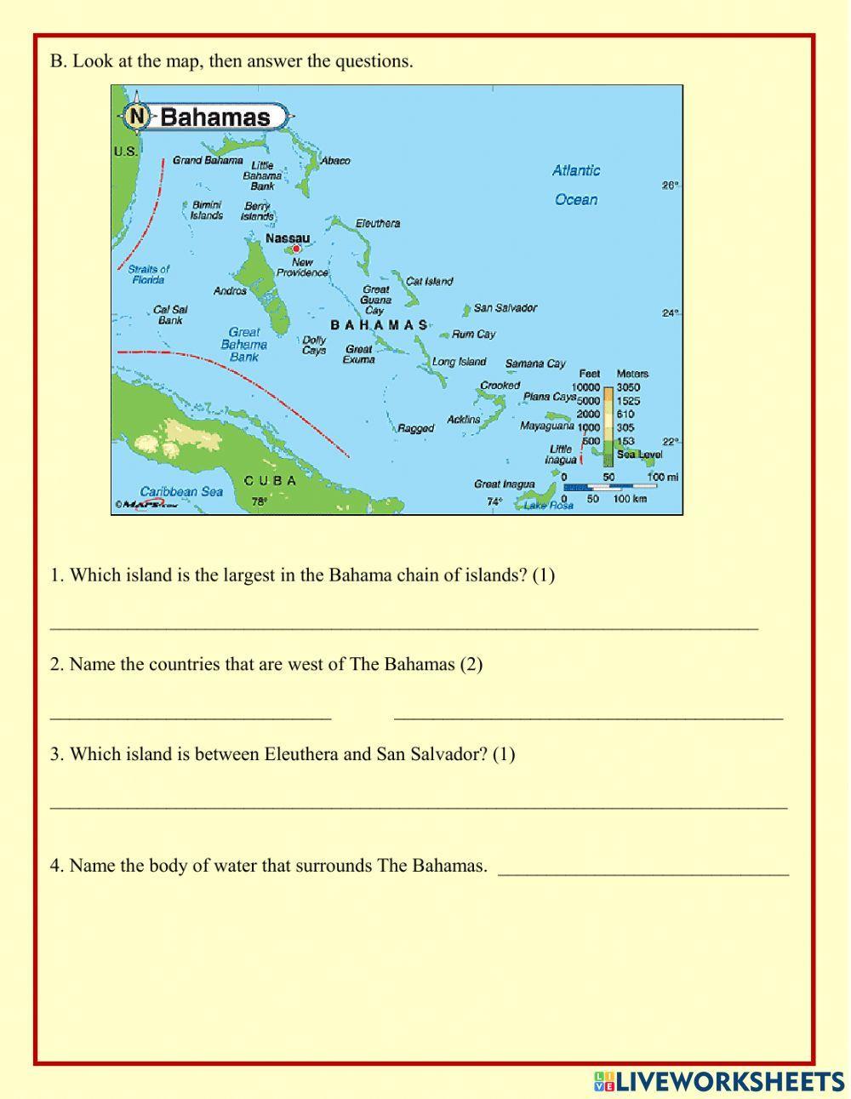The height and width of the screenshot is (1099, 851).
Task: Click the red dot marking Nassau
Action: pyautogui.click(x=296, y=249)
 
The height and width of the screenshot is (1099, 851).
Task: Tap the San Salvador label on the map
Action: pyautogui.click(x=505, y=308)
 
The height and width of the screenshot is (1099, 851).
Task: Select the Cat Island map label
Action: pyautogui.click(x=430, y=282)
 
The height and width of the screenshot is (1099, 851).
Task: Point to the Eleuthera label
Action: pyautogui.click(x=378, y=224)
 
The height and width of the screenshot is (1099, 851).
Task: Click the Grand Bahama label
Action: pyautogui.click(x=208, y=160)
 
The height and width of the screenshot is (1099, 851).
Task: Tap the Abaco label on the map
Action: pyautogui.click(x=335, y=161)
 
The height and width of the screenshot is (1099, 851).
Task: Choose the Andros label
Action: pyautogui.click(x=230, y=291)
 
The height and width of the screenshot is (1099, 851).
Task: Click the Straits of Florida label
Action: pyautogui.click(x=149, y=274)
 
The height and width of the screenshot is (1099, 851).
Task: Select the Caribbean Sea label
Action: pyautogui.click(x=181, y=491)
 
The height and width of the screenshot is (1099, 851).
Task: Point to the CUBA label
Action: pyautogui.click(x=271, y=481)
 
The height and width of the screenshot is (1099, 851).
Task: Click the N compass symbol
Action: pyautogui.click(x=136, y=116)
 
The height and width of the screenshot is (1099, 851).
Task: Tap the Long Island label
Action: pyautogui.click(x=459, y=362)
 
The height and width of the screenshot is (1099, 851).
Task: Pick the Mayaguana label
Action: pyautogui.click(x=547, y=426)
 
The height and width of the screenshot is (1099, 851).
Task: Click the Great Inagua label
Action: pyautogui.click(x=505, y=484)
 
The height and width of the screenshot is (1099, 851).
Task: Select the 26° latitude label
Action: pyautogui.click(x=671, y=186)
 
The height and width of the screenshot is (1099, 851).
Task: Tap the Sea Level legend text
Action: pyautogui.click(x=639, y=455)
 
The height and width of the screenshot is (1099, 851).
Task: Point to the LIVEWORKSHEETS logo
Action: pyautogui.click(x=719, y=1081)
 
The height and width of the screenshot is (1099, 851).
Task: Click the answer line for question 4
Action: pyautogui.click(x=643, y=873)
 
